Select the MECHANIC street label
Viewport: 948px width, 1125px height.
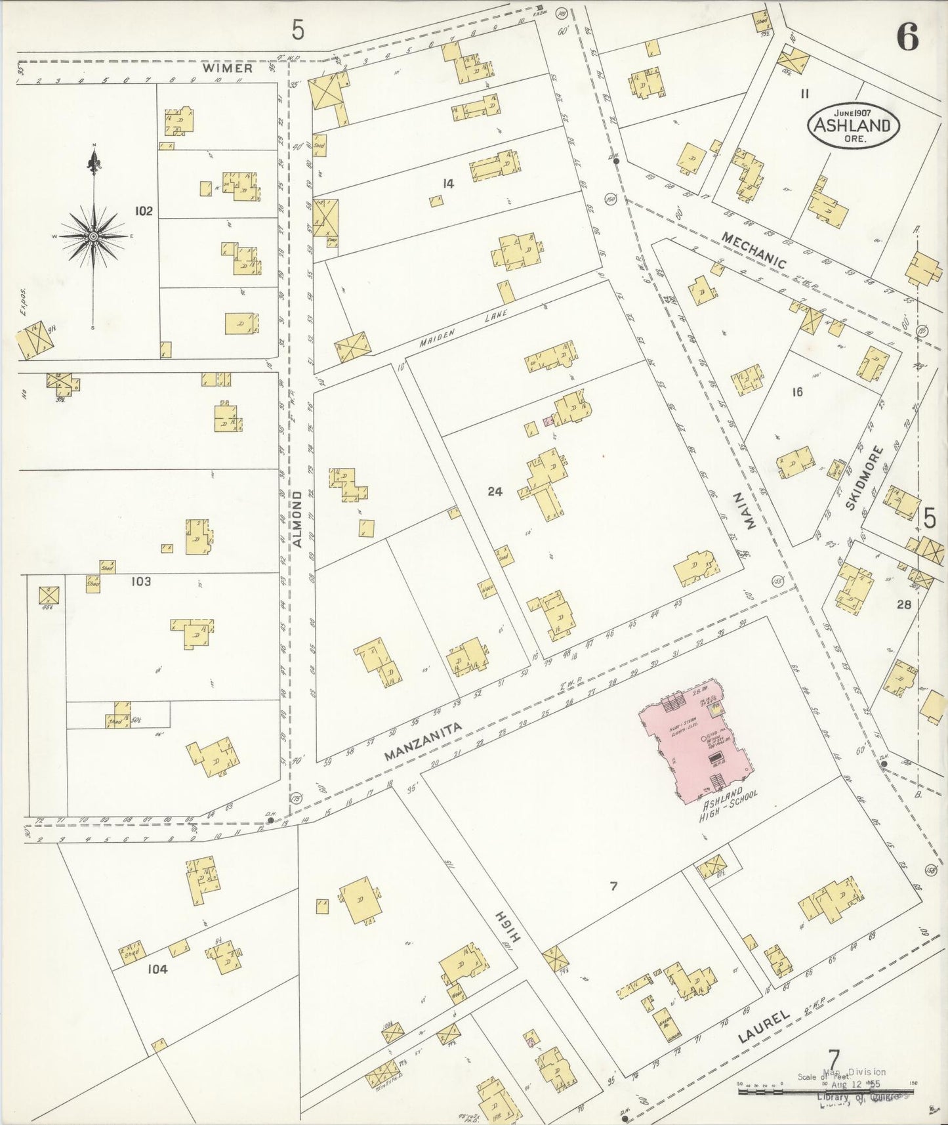click(753, 250)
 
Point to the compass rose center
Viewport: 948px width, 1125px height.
click(94, 236)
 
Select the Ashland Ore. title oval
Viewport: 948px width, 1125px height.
click(853, 125)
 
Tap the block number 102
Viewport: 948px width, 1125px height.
click(144, 211)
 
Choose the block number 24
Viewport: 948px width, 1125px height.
click(495, 490)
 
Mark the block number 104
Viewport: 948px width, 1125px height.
click(157, 968)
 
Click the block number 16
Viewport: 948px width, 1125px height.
click(797, 392)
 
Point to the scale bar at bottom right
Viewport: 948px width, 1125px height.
click(825, 1090)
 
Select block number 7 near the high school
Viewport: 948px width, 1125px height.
click(613, 886)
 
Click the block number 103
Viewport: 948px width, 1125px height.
click(141, 581)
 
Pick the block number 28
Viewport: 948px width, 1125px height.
click(904, 604)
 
